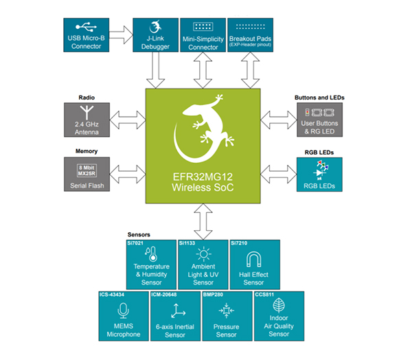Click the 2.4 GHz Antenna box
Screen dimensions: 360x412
click(x=87, y=119)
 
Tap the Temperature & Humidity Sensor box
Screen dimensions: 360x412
click(x=151, y=264)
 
